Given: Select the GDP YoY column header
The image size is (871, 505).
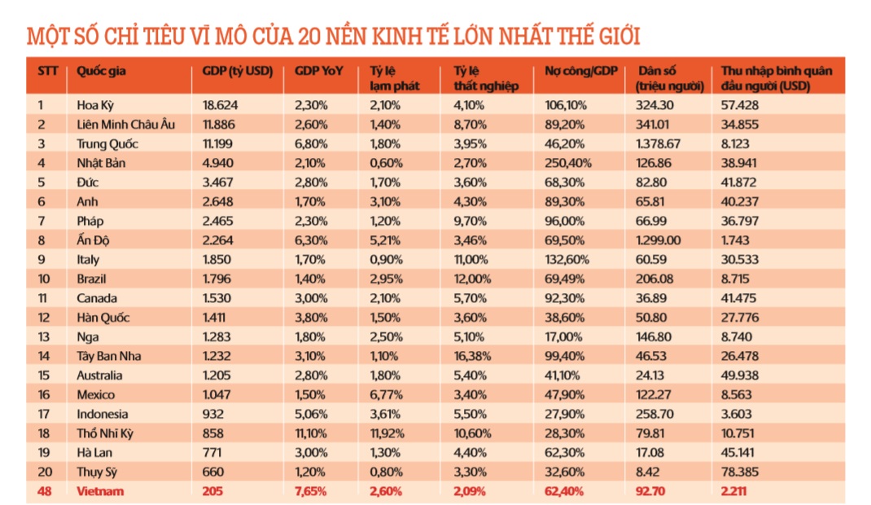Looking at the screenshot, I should coord(319,71).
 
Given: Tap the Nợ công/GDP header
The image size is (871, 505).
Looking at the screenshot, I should coord(581,71).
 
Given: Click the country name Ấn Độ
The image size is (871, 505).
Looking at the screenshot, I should coord(93,239).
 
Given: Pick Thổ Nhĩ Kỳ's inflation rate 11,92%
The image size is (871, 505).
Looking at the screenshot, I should coord(388,433).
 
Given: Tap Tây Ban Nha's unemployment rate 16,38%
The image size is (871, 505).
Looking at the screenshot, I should coord(472,356).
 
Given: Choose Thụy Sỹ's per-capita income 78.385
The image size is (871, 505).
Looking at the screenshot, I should coord(740,472).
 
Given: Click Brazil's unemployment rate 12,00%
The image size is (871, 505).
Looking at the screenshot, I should coord(472,279).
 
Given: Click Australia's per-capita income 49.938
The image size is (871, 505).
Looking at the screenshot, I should coord(740,375).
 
